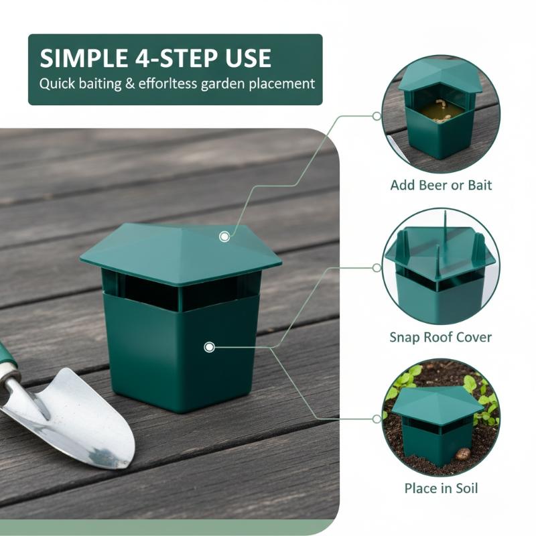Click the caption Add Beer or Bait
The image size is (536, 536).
(x=441, y=186)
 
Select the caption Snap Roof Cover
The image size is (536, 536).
(x=441, y=338)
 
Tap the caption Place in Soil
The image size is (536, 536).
(x=441, y=488)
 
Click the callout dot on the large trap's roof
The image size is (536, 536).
(x=224, y=237)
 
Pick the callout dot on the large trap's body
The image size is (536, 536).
(x=209, y=347)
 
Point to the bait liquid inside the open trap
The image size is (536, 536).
(x=440, y=111)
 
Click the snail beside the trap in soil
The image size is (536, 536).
(x=463, y=454)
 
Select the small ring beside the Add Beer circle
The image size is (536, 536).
(x=377, y=116)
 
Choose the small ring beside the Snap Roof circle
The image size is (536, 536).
(x=377, y=267)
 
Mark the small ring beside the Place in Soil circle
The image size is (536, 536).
(x=377, y=419)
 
